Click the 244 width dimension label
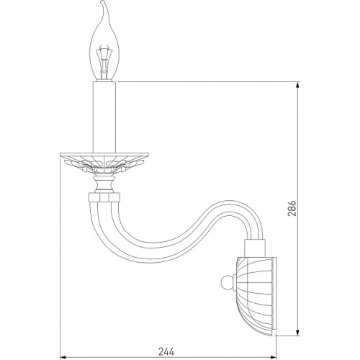click(x=166, y=351)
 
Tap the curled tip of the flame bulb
click(x=103, y=3)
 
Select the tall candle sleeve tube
click(x=104, y=117)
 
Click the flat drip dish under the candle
click(x=104, y=155)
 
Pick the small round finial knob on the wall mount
click(x=227, y=283)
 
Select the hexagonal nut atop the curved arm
click(x=104, y=197)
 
